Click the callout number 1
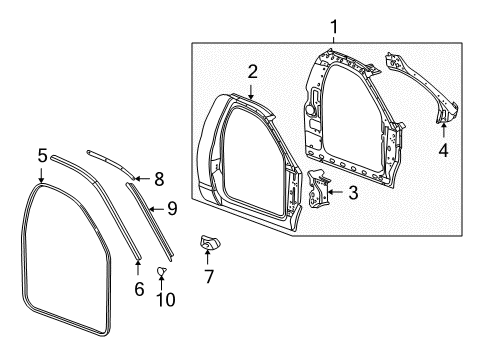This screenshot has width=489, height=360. [x=334, y=27]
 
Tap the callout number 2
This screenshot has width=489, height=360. [x=253, y=71]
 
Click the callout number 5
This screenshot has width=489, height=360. [x=42, y=155]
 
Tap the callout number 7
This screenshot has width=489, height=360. [x=208, y=276]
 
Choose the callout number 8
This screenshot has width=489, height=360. [x=157, y=178]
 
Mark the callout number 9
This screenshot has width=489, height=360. [x=171, y=208]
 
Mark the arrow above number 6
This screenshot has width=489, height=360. [x=138, y=264]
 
